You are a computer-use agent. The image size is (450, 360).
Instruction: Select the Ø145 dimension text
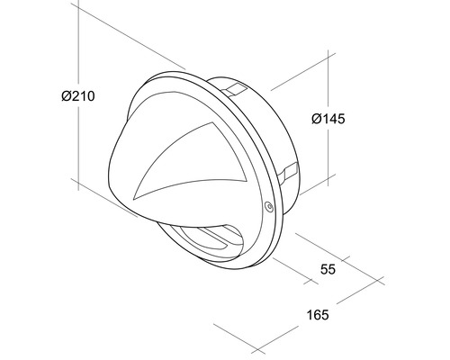pyautogui.click(x=328, y=117)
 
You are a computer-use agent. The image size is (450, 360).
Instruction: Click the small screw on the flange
pyautogui.click(x=267, y=208)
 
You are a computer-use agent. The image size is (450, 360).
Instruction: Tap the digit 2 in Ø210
pyautogui.click(x=74, y=96)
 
